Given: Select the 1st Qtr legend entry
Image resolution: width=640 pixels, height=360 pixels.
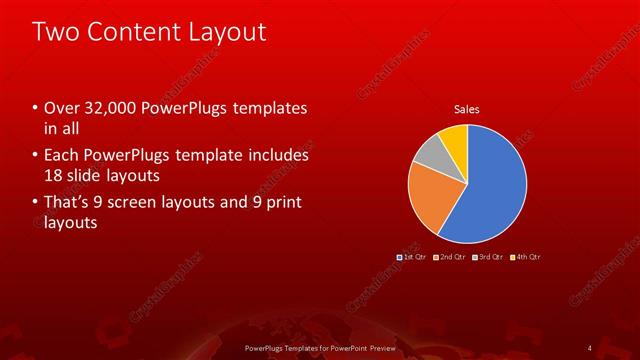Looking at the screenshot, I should pyautogui.click(x=411, y=257).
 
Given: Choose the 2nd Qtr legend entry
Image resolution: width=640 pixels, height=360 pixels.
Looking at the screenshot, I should pyautogui.click(x=450, y=257).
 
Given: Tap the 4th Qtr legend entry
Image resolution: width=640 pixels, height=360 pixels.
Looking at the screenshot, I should pyautogui.click(x=527, y=257).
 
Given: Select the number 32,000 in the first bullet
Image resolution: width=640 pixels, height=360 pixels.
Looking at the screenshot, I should pyautogui.click(x=103, y=108).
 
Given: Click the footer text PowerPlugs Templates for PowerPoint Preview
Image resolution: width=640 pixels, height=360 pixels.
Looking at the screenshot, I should pyautogui.click(x=319, y=347).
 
